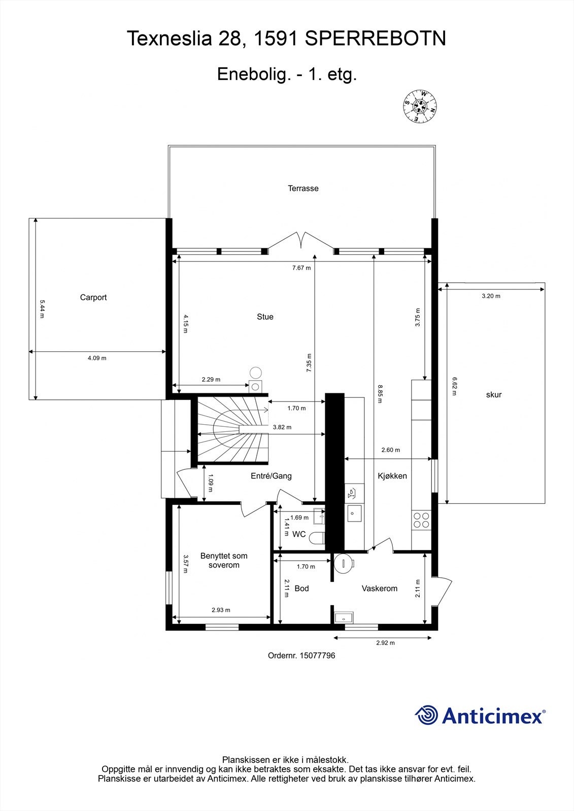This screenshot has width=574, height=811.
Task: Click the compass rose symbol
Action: pos(420,106)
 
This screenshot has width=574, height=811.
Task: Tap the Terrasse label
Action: pos(303,189)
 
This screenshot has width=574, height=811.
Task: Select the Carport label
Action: pos(93,298)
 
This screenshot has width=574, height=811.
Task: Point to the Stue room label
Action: pos(265,317)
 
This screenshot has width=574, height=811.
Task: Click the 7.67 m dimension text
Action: pos(301,268)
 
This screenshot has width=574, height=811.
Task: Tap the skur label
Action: pos(493,395)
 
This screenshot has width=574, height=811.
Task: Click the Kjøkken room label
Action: pos(392,476)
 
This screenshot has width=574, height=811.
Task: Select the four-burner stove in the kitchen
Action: pos(421,521)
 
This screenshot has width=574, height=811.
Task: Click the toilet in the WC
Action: pos(318,538)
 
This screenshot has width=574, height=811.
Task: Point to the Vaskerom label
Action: pos(379,588)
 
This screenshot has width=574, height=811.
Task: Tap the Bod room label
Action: pos(301,588)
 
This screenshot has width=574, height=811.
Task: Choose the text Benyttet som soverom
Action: pos(224,561)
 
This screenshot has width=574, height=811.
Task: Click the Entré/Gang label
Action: pos(271,476)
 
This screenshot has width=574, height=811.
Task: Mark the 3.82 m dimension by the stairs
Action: pos(282,427)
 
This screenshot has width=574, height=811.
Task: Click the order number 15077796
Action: pos(301,655)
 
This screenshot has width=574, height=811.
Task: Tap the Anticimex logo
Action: pos(480,715)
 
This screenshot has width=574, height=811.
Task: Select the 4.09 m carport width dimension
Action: pos(97,358)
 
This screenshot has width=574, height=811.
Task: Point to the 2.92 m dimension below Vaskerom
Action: pos(385,643)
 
